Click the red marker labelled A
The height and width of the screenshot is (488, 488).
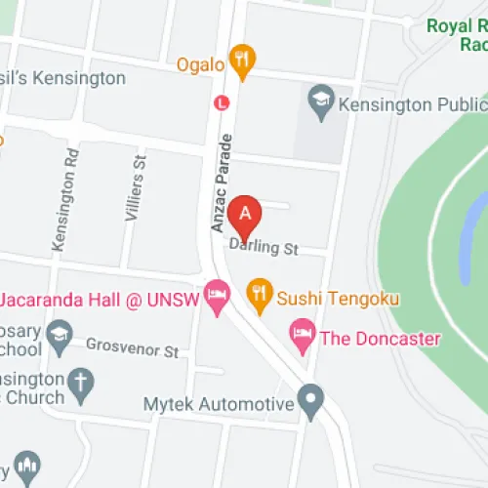[x=245, y=211]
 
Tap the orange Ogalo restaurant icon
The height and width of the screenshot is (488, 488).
[x=244, y=61]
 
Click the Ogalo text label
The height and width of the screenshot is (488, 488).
[x=201, y=64]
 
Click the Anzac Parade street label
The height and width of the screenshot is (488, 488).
[x=221, y=182]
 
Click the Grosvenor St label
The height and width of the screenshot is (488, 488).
[x=133, y=348]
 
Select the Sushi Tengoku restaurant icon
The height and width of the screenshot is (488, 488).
[x=259, y=291]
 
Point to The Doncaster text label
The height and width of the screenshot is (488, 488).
[x=381, y=340]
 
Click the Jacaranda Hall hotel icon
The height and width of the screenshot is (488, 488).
[x=217, y=293]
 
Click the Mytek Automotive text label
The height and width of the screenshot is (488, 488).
[x=219, y=404]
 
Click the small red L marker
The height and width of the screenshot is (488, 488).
[x=223, y=101]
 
